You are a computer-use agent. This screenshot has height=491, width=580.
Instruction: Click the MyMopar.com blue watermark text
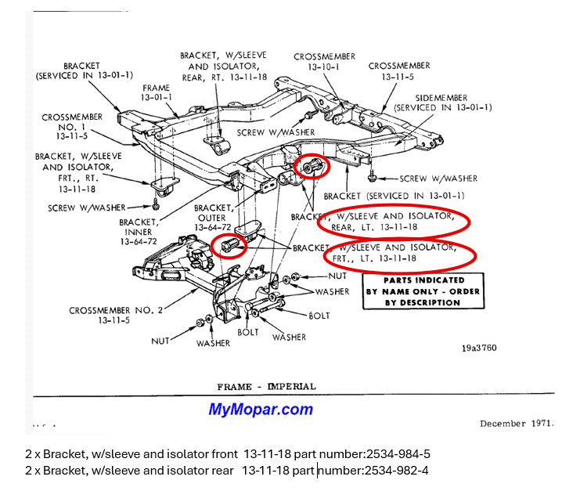(x=260, y=409)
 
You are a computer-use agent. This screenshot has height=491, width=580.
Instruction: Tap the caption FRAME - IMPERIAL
(x=266, y=386)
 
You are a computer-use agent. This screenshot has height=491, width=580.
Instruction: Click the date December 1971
(x=516, y=423)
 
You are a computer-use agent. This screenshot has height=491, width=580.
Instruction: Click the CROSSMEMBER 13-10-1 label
(x=325, y=62)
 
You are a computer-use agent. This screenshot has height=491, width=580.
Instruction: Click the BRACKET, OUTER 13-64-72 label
(x=211, y=217)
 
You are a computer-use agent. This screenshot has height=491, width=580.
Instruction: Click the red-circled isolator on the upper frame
(x=312, y=166)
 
